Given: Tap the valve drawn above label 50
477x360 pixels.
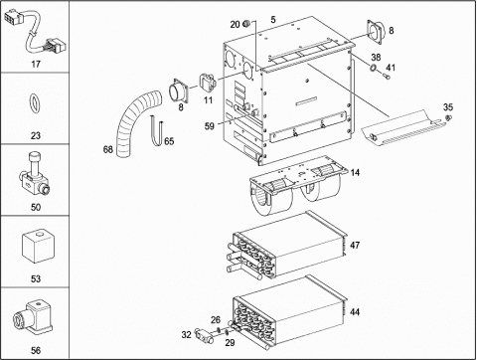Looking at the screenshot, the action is (x=35, y=175).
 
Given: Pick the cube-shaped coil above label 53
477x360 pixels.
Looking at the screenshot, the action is (x=37, y=247).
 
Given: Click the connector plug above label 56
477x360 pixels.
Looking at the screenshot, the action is (x=34, y=317).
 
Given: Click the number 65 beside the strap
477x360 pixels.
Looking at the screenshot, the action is (x=169, y=141).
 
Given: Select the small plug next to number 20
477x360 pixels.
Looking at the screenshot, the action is (x=246, y=23).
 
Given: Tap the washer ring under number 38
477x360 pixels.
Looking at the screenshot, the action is (x=373, y=68).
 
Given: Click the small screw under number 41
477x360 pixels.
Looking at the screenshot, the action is (x=387, y=77).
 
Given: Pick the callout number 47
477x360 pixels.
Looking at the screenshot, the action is (x=355, y=245).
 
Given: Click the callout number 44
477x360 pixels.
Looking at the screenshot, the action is (x=355, y=311).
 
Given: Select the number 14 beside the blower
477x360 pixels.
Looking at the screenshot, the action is (x=355, y=172).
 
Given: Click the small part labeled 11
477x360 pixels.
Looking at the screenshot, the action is (x=207, y=82).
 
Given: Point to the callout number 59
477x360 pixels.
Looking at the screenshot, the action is (x=210, y=126).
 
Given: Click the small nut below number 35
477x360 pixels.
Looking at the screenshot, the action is (x=448, y=117).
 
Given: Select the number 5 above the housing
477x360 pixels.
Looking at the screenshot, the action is (x=273, y=20).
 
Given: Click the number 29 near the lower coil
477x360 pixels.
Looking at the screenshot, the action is (x=230, y=342).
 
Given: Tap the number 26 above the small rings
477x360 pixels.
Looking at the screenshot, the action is (x=216, y=320).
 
